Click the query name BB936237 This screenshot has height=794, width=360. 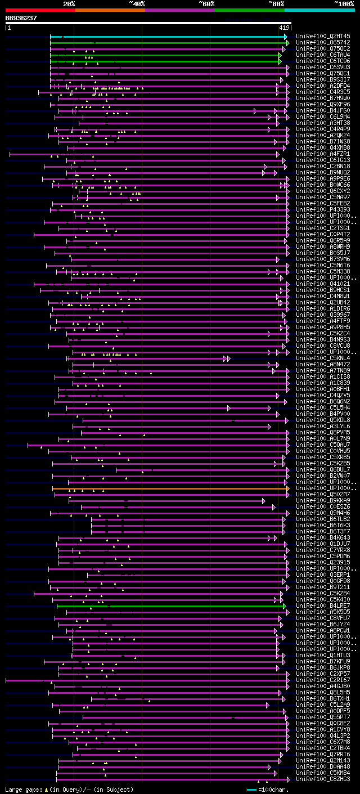pyautogui.click(x=21, y=18)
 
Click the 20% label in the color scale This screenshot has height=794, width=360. pyautogui.click(x=69, y=3)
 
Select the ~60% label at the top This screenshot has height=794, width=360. pyautogui.click(x=206, y=3)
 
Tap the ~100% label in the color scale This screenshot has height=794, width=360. pyautogui.click(x=344, y=3)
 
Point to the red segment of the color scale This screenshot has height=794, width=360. pyautogui.click(x=40, y=10)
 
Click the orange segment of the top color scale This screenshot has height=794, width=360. pyautogui.click(x=110, y=10)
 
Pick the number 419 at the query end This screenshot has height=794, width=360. pyautogui.click(x=284, y=28)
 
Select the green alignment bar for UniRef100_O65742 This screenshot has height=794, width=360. pyautogui.click(x=169, y=43)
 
